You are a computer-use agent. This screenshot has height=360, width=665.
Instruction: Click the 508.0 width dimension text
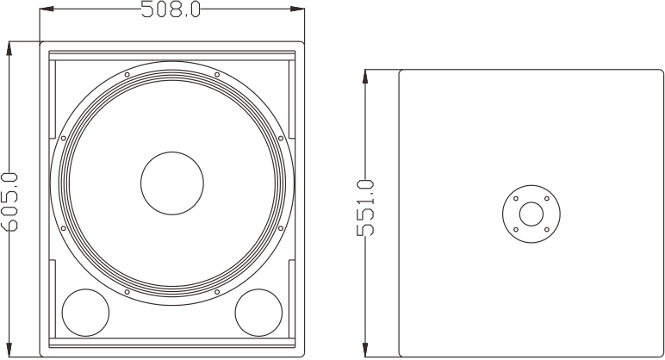[x=171, y=9]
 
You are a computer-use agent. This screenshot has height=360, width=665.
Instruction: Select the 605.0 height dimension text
[x=9, y=201]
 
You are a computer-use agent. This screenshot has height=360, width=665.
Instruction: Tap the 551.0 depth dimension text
[x=366, y=208]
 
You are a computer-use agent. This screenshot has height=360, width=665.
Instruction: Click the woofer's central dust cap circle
[x=172, y=183]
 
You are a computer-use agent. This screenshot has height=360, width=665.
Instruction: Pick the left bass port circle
[x=85, y=312]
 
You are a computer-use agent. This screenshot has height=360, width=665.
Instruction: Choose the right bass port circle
[x=258, y=312]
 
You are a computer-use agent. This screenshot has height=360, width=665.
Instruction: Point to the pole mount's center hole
[x=531, y=213]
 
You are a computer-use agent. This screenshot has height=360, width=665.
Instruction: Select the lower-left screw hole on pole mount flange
[x=515, y=229]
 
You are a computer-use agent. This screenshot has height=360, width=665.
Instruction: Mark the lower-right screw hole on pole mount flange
[x=546, y=229]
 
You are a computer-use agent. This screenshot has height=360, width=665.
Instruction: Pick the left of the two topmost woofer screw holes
[x=127, y=74]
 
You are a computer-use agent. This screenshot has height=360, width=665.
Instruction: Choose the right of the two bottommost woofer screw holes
[x=217, y=293]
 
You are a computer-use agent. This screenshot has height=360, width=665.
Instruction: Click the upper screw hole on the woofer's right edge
[x=281, y=138]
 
